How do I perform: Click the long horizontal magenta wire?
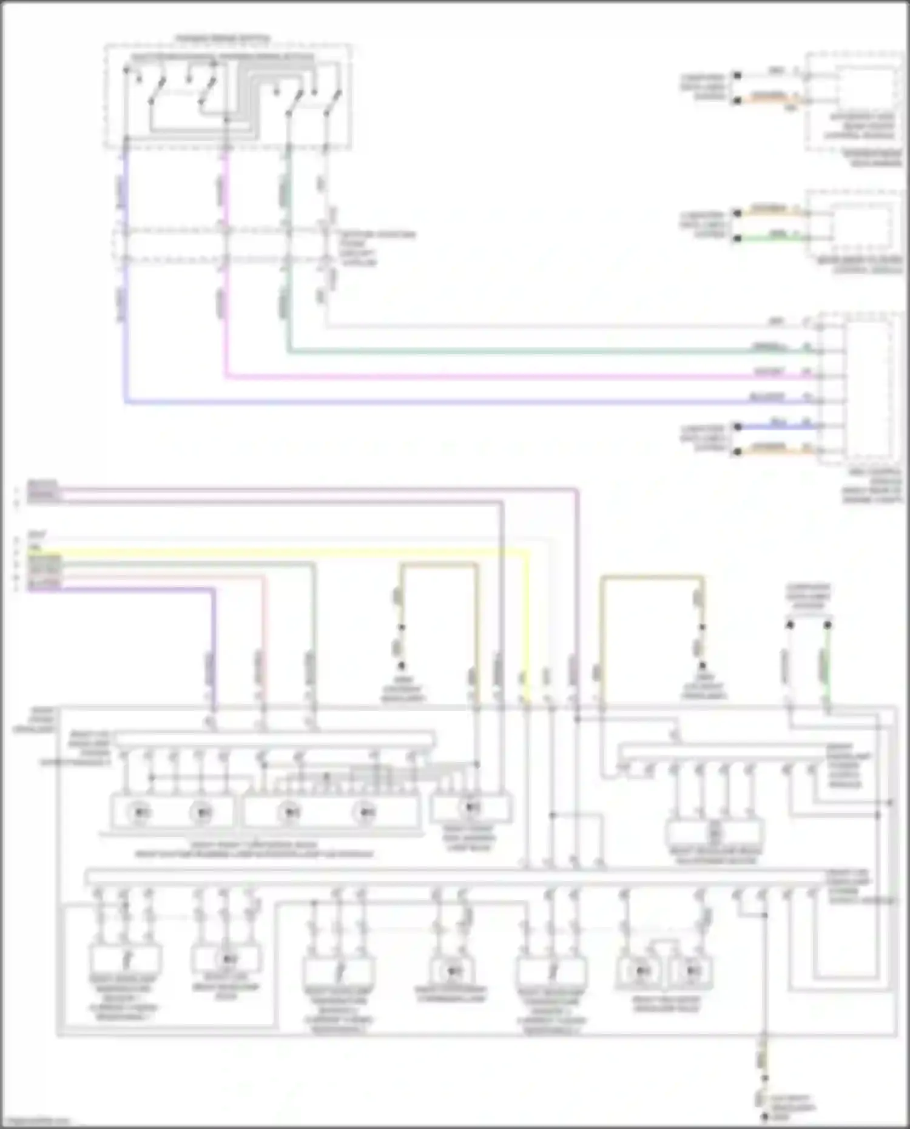[485, 377]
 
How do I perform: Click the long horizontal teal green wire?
[485, 351]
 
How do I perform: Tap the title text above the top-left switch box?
[223, 39]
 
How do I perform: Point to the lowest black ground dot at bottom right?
[764, 1117]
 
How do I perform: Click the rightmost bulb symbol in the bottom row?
[693, 971]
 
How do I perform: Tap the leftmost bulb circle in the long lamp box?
[141, 812]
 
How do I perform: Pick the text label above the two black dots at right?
[808, 596]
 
